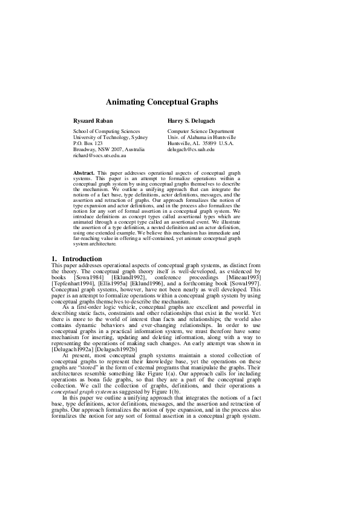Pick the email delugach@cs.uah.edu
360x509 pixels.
tap(191, 149)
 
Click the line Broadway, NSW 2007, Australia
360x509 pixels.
tap(109, 149)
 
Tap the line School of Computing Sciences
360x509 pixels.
tap(106, 131)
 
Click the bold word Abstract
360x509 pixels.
tap(83, 173)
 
